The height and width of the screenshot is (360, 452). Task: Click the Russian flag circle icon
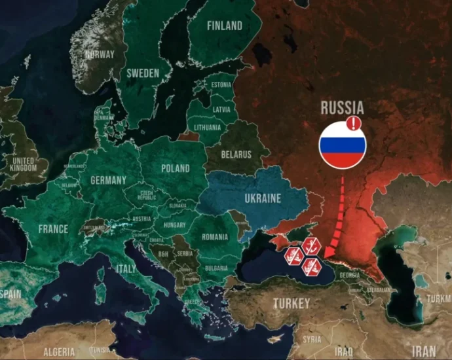tap(342, 145)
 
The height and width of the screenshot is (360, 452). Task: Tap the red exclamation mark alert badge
tap(354, 123)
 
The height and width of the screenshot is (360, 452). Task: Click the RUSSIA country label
tap(342, 108)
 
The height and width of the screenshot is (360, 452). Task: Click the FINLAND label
tap(224, 26)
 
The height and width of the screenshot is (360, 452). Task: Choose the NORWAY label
tap(100, 54)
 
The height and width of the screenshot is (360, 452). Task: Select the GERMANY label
tap(108, 180)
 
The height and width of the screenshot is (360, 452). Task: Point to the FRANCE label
tap(53, 229)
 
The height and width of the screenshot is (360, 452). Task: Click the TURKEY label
tap(292, 304)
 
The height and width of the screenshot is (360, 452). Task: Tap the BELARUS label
tap(236, 154)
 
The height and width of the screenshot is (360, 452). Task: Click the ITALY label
tap(126, 268)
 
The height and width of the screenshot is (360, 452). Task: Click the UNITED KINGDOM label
tap(24, 164)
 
